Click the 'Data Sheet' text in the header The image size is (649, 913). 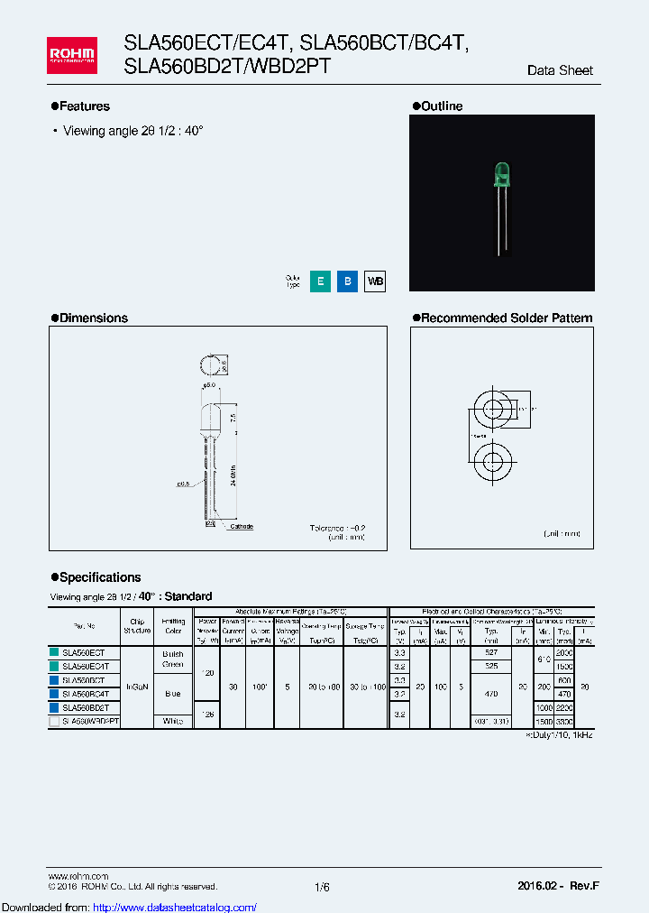(560, 70)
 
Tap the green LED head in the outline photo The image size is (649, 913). (500, 174)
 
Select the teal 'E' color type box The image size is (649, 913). (319, 281)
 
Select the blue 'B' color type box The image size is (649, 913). (347, 281)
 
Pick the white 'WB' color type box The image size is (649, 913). (375, 281)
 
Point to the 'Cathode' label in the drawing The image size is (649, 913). (242, 526)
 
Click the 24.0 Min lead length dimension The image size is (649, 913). (233, 469)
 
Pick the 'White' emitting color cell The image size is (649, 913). (172, 722)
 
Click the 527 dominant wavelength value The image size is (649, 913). (491, 652)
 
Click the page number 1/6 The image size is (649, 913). (323, 887)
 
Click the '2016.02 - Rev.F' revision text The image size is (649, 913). (558, 887)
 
